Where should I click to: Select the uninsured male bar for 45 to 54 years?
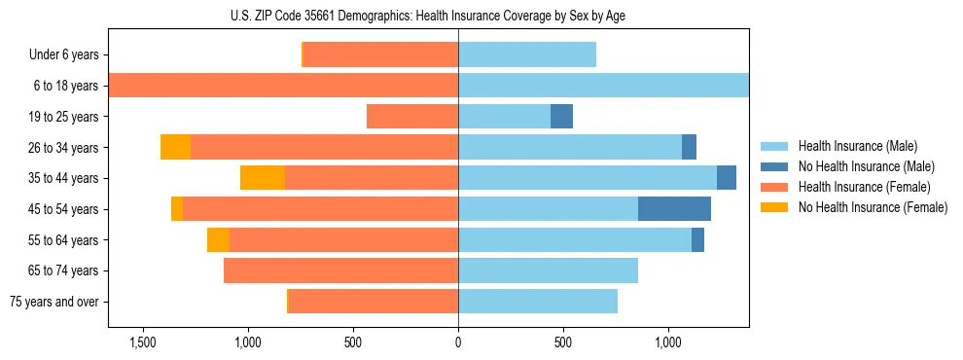tap(674, 209)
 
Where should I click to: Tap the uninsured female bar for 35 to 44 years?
tap(263, 178)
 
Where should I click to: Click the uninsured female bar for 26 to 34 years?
tap(175, 147)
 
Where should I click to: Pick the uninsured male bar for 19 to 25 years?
tap(561, 117)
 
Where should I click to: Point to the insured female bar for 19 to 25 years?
tap(412, 117)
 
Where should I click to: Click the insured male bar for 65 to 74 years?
tap(548, 270)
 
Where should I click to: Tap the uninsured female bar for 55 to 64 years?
tap(218, 240)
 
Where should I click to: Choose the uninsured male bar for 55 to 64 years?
tap(697, 240)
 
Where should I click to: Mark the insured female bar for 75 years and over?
tap(373, 302)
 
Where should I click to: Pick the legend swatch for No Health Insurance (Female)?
tap(774, 207)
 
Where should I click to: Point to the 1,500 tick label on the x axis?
tap(143, 343)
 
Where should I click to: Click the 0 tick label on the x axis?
tap(458, 343)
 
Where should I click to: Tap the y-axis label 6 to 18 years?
tap(66, 86)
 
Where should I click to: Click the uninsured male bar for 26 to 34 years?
tap(689, 147)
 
